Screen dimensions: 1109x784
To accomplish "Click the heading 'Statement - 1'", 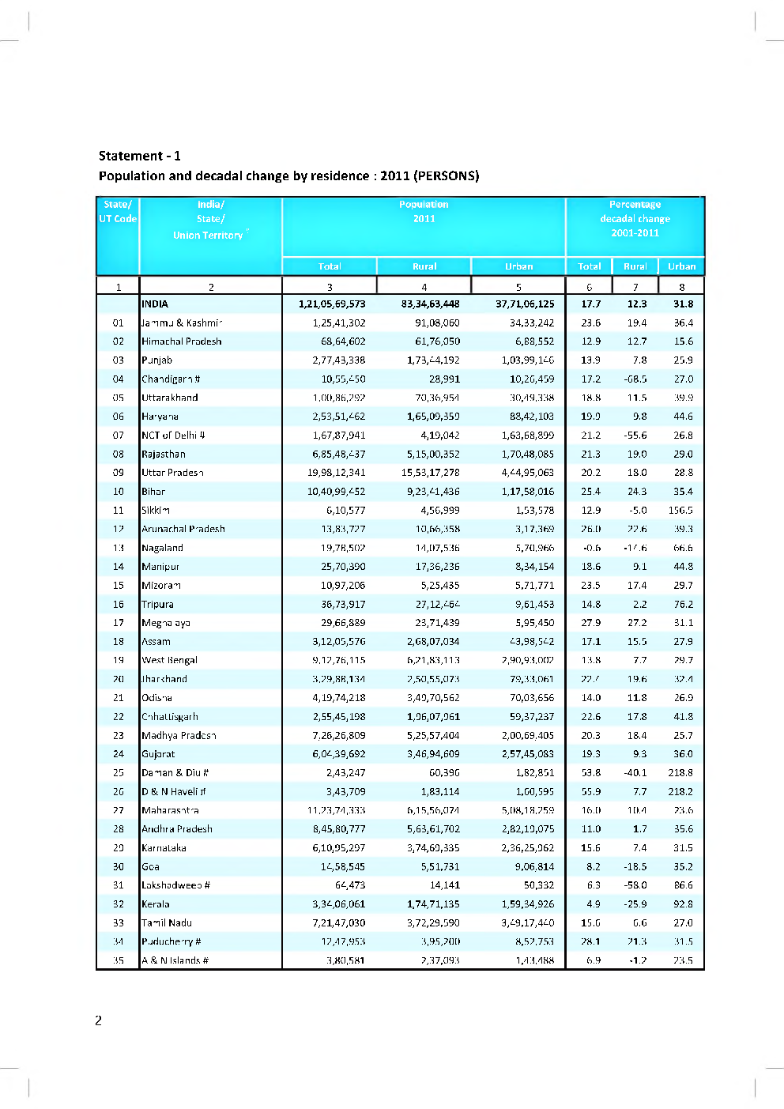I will coord(139,156).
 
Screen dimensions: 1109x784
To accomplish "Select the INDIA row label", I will coord(155,304).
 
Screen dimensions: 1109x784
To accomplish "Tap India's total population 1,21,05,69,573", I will coord(332,304).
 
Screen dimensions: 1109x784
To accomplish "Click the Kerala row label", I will coord(156,903).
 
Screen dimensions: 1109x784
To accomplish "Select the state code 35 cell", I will coord(118,960).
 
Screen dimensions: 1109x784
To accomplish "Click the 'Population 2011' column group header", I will coord(424,212).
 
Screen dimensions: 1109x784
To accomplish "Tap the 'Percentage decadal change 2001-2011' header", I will coord(635,218).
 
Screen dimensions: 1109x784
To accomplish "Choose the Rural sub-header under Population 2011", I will coord(424,266).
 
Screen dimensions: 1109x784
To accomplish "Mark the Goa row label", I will coord(150,866).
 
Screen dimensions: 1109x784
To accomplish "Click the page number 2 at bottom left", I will coord(98,1020).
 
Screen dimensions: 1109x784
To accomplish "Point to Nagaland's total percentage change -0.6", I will coord(591,548).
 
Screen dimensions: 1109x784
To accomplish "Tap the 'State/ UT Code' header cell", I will coord(118,212).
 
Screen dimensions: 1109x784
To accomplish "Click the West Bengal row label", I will coord(169,660).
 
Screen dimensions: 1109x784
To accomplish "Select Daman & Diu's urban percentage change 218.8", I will coord(680,772).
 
